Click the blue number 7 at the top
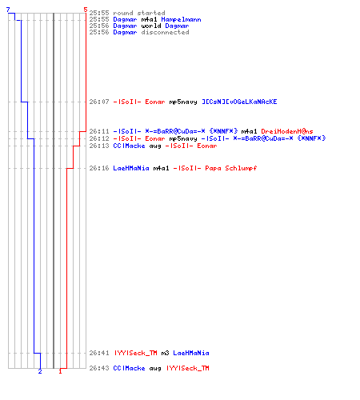point(8,10)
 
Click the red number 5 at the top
point(86,10)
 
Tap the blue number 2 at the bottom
point(40,371)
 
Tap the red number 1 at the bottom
point(60,371)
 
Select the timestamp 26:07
point(99,102)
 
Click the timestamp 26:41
point(99,353)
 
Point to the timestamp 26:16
point(99,168)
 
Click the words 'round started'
point(139,13)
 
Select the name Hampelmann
point(182,19)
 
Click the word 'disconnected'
point(166,32)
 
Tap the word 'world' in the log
point(151,26)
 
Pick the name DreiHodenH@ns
point(287,131)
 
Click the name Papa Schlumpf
point(231,168)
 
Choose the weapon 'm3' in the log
point(165,353)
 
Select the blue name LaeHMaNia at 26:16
point(131,168)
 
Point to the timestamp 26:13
point(99,146)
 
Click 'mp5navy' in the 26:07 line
point(183,102)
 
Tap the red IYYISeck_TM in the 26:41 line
point(136,353)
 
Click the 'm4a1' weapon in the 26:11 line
point(249,131)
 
